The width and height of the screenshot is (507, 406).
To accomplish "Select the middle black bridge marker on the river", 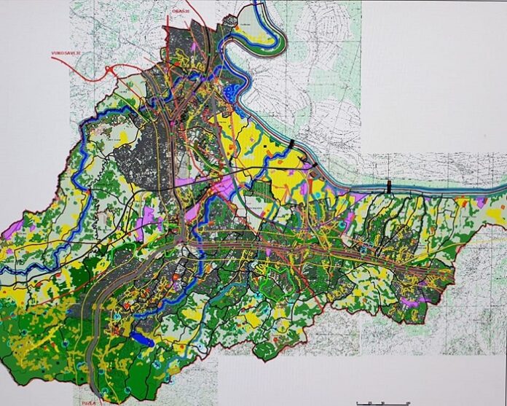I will click(314, 165).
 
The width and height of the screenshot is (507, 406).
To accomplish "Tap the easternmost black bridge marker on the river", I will click(389, 187).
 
